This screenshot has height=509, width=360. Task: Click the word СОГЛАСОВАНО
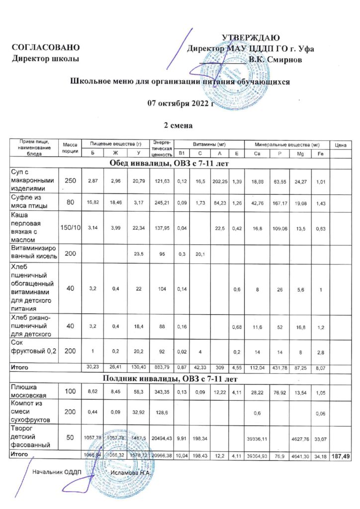[x=46, y=48]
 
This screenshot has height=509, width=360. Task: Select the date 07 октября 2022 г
[x=180, y=103]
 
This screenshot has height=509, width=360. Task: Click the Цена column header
[x=341, y=145]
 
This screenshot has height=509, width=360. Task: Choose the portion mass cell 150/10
[x=71, y=228]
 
